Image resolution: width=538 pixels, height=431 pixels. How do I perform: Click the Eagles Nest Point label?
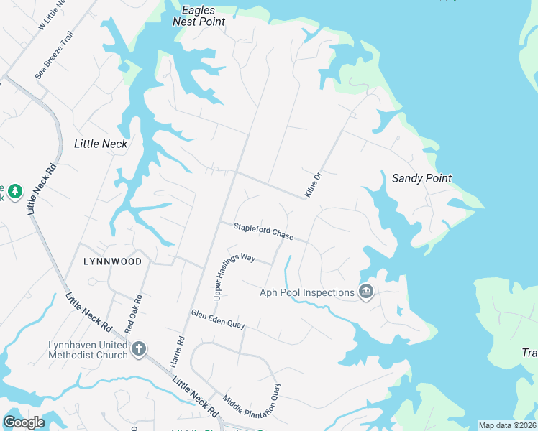199,16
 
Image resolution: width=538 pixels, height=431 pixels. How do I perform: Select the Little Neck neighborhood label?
101,144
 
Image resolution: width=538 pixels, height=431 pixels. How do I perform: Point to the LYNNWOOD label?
111,261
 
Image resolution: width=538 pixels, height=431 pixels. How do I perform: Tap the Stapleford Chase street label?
263,231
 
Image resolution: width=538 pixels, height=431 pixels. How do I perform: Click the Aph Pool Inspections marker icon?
365,292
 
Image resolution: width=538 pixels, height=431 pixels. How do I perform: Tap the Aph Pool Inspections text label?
308,292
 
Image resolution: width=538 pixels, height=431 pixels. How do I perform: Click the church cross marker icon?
138,350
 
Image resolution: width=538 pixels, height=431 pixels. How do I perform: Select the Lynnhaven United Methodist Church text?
88,350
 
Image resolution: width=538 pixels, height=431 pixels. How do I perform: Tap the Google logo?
24,422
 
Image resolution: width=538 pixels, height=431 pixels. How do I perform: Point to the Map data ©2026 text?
508,425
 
